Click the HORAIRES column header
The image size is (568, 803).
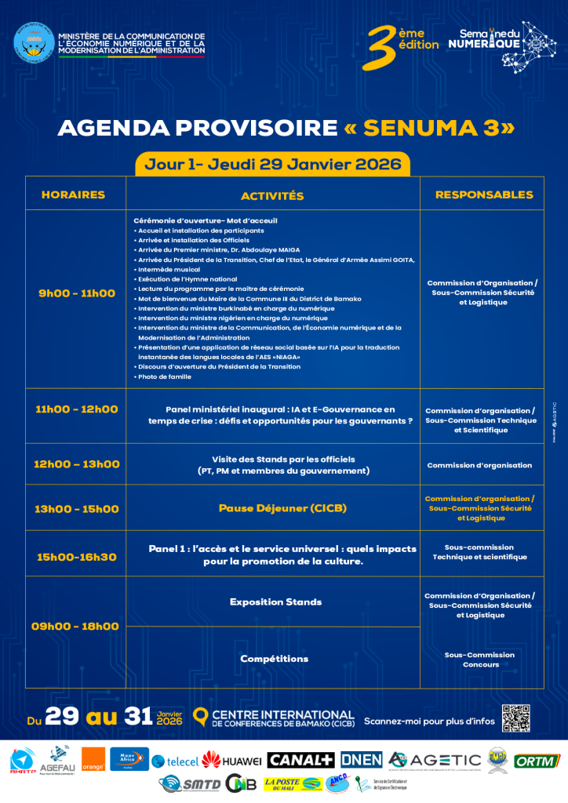click(73, 194)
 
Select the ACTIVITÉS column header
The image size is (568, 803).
click(272, 195)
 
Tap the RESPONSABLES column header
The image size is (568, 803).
click(483, 194)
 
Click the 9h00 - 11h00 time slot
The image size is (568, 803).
click(77, 293)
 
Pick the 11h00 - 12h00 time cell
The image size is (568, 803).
click(77, 409)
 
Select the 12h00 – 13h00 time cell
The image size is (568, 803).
click(77, 464)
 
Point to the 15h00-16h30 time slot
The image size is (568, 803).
click(77, 557)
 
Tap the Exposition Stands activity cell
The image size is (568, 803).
click(275, 601)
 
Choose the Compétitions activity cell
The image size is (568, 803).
click(274, 659)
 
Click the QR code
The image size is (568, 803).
click(516, 718)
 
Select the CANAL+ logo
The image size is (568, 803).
click(301, 760)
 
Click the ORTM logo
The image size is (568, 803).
click(537, 761)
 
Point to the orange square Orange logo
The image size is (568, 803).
click(93, 761)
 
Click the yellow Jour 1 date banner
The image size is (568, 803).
click(272, 164)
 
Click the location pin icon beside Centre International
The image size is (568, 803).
click(200, 716)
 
